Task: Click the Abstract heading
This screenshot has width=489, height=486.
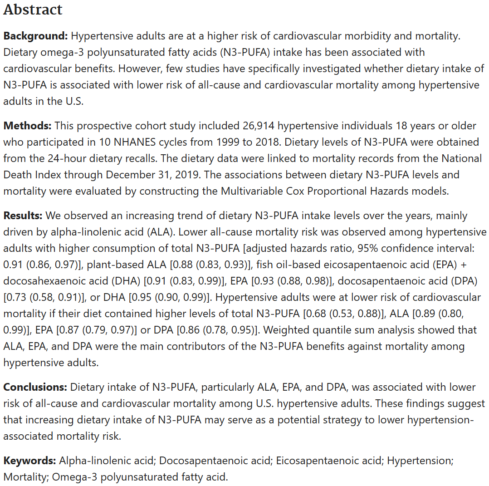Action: pos(33,10)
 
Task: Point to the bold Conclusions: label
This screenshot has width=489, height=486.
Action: pos(35,387)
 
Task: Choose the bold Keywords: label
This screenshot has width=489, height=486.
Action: pos(30,461)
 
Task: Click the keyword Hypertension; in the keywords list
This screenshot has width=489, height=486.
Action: pos(420,461)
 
